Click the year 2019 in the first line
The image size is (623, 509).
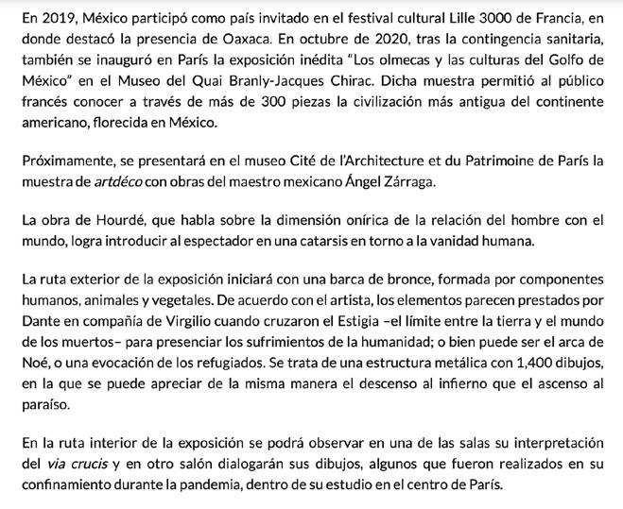coord(49,17)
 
